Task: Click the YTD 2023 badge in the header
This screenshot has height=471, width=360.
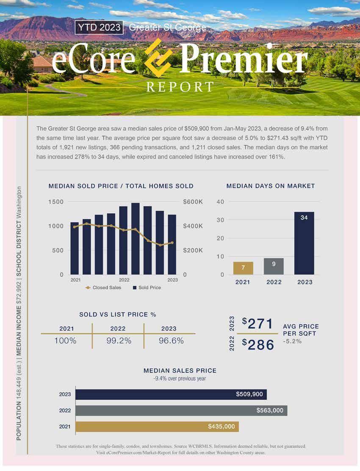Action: click(99, 28)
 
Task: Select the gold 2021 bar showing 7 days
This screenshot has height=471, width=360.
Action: click(243, 268)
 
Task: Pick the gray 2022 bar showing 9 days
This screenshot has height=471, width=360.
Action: click(274, 266)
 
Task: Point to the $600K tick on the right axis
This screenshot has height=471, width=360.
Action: click(193, 202)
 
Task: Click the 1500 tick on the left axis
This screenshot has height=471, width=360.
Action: click(56, 202)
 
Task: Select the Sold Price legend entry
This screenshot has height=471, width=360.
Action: click(147, 288)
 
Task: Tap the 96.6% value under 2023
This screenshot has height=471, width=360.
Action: click(171, 341)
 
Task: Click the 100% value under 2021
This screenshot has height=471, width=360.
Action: click(65, 341)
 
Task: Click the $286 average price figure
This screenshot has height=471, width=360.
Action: click(258, 345)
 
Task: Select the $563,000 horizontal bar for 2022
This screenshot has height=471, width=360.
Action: click(181, 410)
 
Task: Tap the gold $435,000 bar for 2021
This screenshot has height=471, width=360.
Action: click(157, 427)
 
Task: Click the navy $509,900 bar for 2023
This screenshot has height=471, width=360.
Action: click(171, 394)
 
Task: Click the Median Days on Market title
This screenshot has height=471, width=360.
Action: click(271, 186)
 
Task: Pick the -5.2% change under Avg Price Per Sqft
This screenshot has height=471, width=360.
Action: click(292, 342)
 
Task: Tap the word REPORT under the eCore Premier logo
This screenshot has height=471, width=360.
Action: click(180, 87)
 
